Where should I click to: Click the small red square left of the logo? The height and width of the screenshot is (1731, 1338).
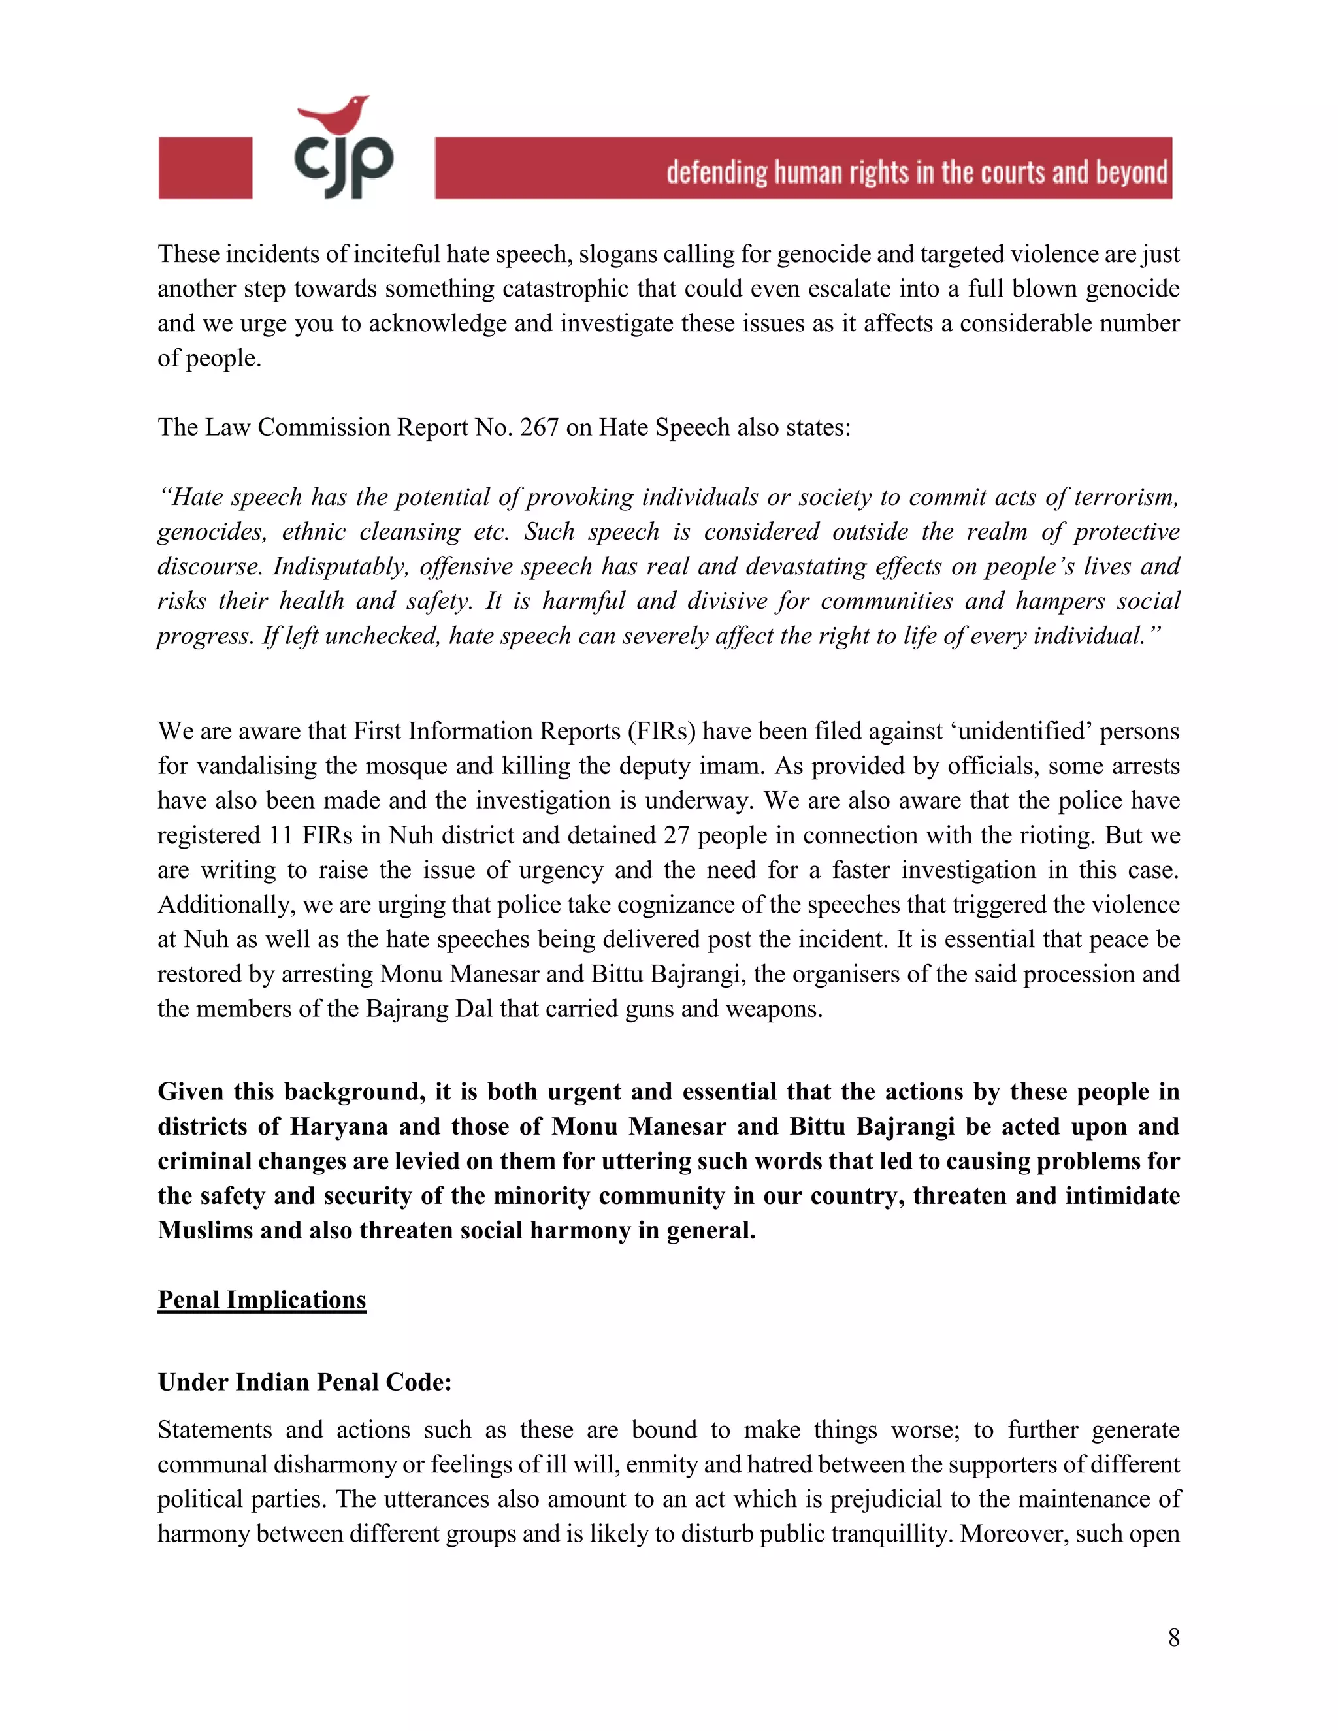coord(205,167)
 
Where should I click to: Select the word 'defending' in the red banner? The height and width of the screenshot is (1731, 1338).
coord(717,172)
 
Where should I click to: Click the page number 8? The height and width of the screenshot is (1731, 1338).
coord(1173,1637)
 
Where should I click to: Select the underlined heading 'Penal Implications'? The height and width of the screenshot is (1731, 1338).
coord(261,1300)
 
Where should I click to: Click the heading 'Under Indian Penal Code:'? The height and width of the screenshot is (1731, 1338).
coord(304,1382)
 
